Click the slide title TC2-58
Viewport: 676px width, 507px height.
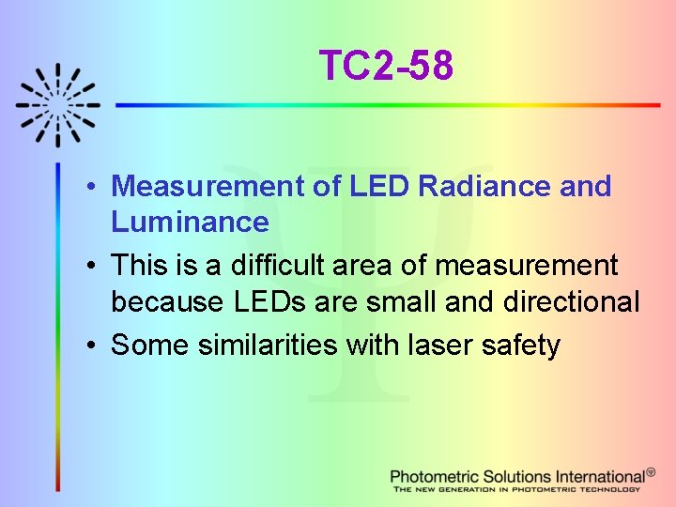tap(386, 66)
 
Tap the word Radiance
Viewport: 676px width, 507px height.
tap(484, 186)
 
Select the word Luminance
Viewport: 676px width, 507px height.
tap(190, 222)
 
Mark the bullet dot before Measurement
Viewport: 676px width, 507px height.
tap(97, 187)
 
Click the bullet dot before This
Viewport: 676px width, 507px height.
tap(97, 267)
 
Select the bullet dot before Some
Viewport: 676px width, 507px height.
tap(97, 346)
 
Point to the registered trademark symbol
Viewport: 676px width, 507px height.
tap(652, 472)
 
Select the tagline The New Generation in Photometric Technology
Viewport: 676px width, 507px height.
tap(516, 489)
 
